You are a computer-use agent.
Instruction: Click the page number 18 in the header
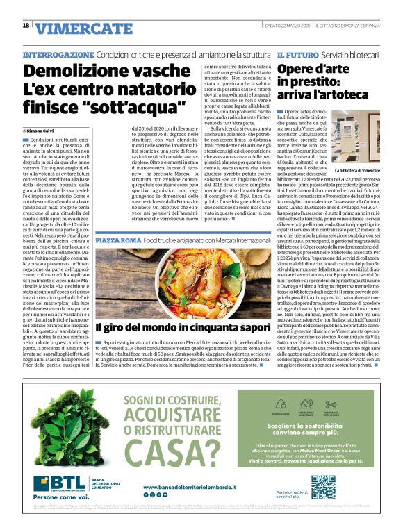pyautogui.click(x=26, y=26)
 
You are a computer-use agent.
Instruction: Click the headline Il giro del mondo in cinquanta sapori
pyautogui.click(x=183, y=326)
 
